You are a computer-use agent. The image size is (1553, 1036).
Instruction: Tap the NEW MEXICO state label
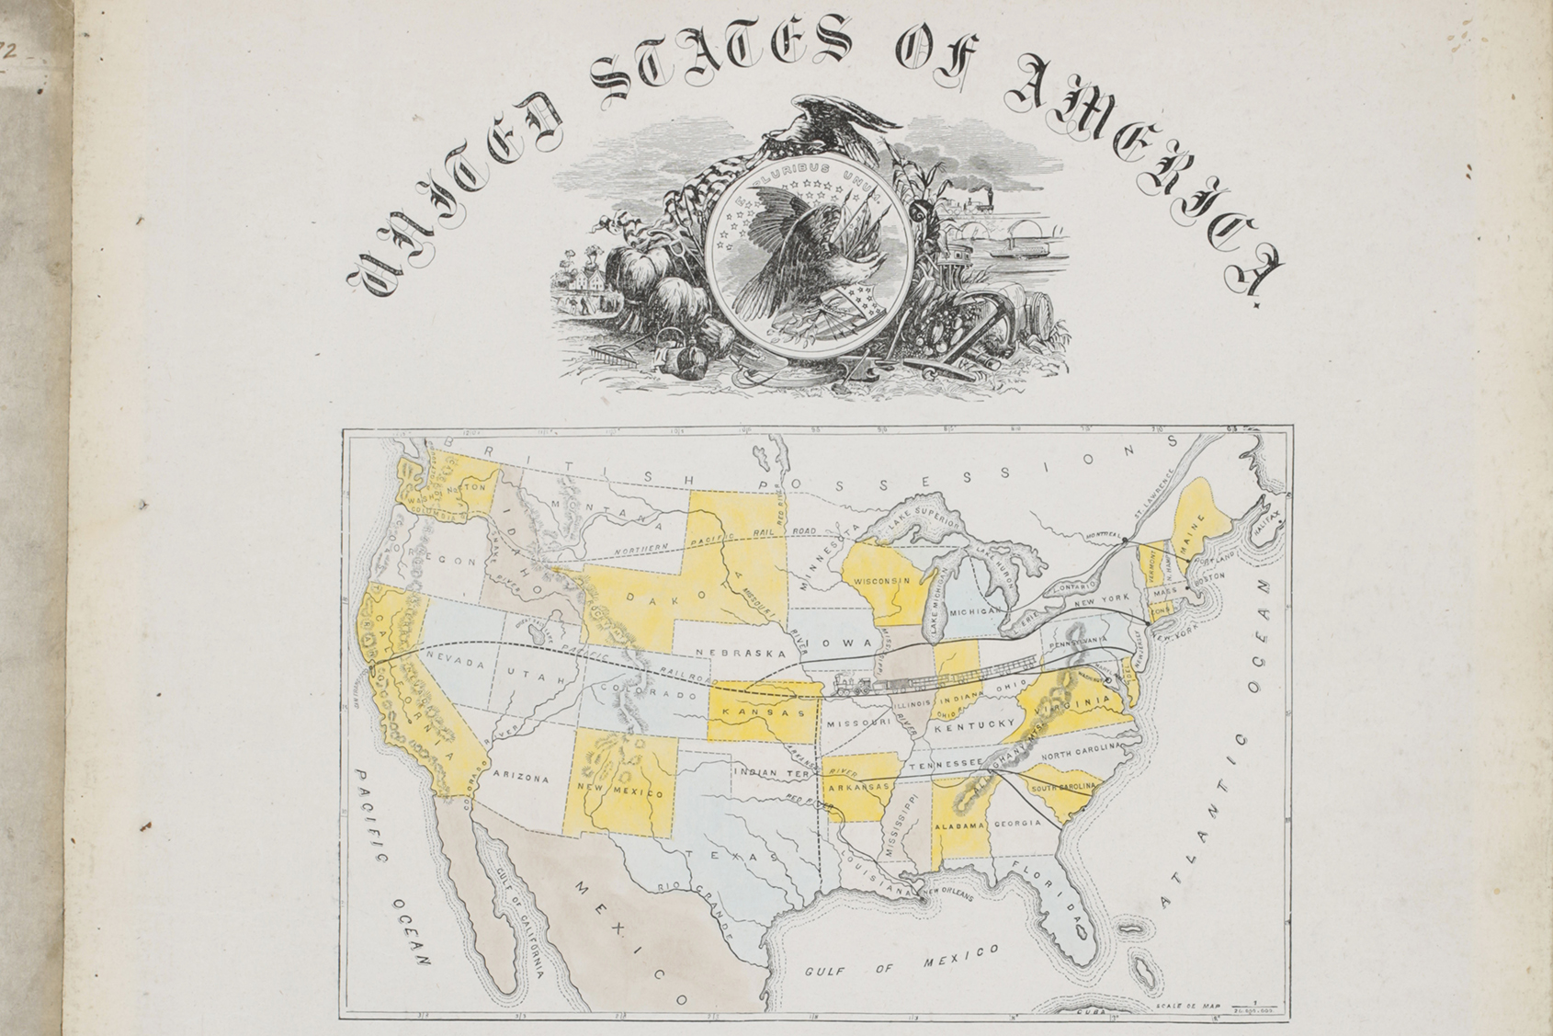pyautogui.click(x=620, y=791)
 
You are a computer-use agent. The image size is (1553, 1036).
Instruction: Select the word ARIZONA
pyautogui.click(x=521, y=779)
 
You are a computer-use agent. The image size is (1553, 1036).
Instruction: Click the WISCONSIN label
pyautogui.click(x=881, y=581)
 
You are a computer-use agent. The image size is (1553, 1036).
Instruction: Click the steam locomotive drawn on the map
pyautogui.click(x=854, y=685)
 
